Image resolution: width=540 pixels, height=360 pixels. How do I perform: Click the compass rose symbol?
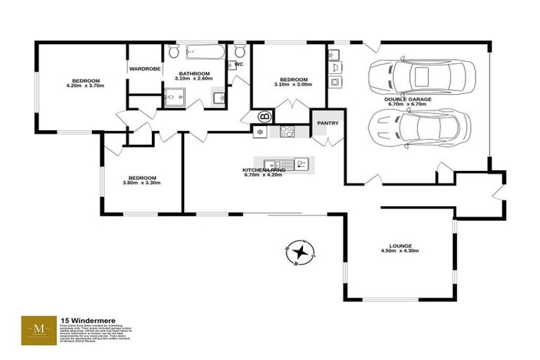point(300,252)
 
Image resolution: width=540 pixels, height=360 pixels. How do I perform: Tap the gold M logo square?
point(39,329)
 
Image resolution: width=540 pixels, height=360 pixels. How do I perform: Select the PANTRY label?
point(328,124)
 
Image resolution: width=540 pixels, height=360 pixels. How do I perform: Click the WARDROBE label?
point(145,69)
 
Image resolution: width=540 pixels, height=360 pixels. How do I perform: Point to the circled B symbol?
point(266,117)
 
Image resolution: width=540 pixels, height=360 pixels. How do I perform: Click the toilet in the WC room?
point(240,51)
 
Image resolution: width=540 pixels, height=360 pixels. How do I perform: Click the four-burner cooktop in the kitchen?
point(287,130)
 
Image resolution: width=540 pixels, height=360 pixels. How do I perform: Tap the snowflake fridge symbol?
point(260,131)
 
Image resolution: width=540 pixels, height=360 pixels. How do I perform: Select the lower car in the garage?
point(418,127)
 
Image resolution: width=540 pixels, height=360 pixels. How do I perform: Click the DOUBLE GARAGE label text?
point(408,100)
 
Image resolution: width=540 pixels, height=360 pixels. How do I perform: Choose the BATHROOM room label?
point(194,73)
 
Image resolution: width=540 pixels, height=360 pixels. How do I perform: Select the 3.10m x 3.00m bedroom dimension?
point(292,85)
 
